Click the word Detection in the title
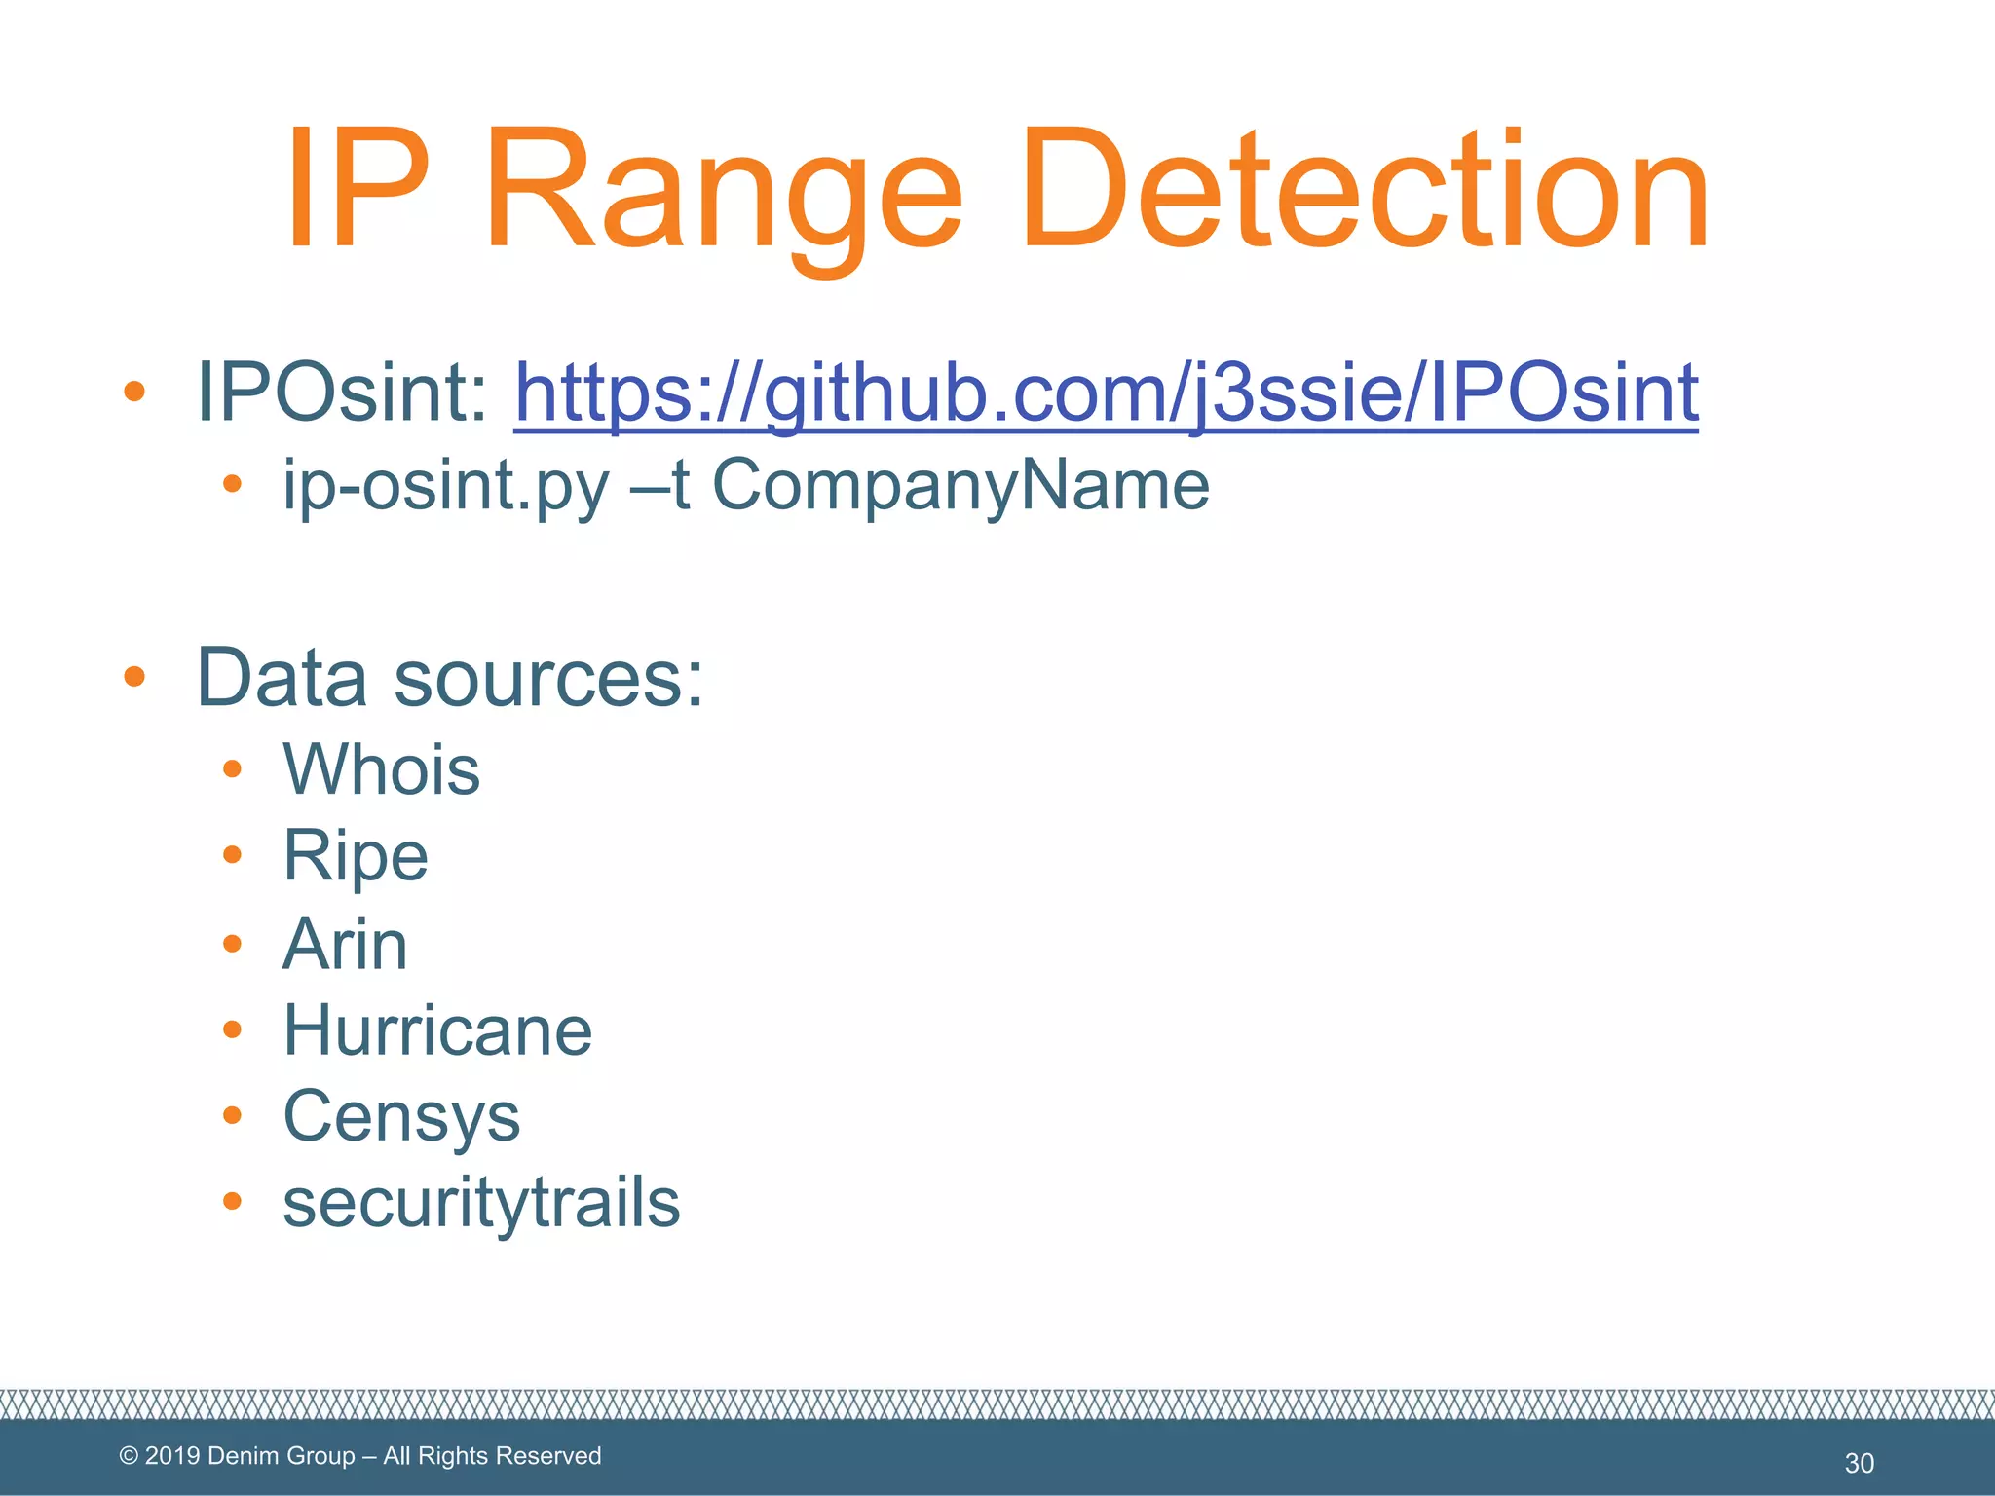click(1364, 190)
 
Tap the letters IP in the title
click(357, 190)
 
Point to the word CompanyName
click(960, 485)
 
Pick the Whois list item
click(381, 769)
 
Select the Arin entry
click(345, 944)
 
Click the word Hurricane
click(437, 1030)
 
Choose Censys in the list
click(401, 1116)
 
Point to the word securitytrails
click(481, 1202)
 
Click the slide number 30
click(1859, 1463)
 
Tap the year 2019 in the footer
click(172, 1456)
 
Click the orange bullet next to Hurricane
click(232, 1029)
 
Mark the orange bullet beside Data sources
click(134, 677)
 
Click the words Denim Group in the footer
click(282, 1456)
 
